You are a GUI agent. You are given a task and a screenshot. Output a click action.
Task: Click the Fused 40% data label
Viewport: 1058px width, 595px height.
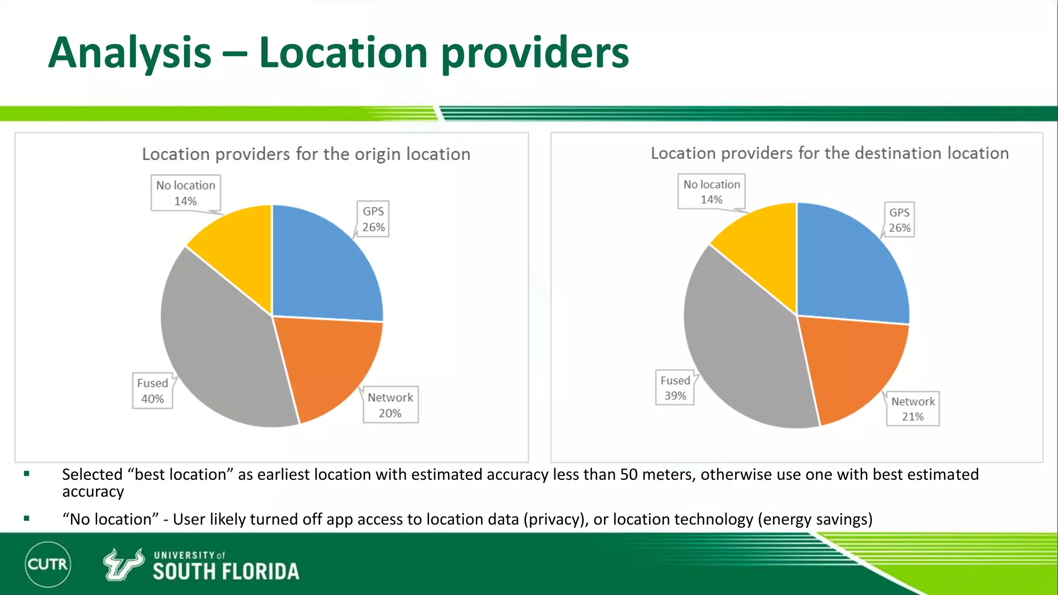tap(152, 391)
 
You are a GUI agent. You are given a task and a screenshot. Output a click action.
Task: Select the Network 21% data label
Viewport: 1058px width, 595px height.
tap(913, 409)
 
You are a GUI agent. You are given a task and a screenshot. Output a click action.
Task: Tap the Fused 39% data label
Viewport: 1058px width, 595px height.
tap(675, 388)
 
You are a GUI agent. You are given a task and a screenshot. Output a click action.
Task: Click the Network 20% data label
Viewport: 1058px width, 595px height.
tap(391, 405)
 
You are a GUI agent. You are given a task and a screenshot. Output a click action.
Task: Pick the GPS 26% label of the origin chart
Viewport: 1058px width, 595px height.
tap(373, 219)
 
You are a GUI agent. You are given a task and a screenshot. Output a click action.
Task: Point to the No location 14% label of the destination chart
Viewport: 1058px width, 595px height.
tap(711, 192)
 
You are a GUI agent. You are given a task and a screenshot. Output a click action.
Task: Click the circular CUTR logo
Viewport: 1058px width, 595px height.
tap(48, 564)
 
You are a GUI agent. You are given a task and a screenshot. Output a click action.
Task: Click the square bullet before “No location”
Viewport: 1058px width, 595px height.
tap(26, 518)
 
